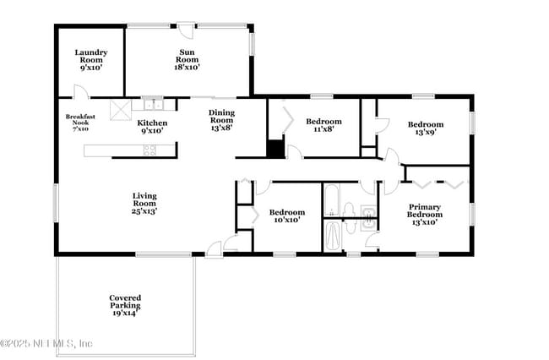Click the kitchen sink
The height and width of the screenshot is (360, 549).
(x=152, y=105)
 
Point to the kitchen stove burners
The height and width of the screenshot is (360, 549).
(x=149, y=150)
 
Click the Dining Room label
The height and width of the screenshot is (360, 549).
(x=222, y=119)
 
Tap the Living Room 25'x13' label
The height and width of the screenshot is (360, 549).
(x=144, y=203)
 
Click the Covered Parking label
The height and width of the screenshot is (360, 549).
(x=125, y=304)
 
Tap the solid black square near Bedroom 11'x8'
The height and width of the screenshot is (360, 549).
(x=274, y=148)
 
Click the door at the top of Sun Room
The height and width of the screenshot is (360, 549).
(x=188, y=30)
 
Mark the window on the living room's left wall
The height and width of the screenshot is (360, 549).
(x=57, y=204)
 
